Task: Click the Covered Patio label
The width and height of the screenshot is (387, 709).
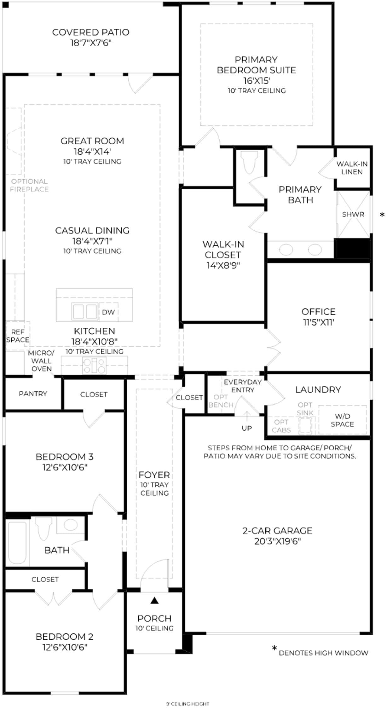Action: (x=91, y=32)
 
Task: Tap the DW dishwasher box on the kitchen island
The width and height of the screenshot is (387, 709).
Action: (x=108, y=312)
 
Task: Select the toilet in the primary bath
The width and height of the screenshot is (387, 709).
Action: (x=249, y=163)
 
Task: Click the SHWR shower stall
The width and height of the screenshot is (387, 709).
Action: (x=353, y=214)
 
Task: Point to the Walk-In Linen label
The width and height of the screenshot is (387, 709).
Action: (x=352, y=168)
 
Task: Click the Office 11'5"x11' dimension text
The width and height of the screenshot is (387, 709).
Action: (x=318, y=322)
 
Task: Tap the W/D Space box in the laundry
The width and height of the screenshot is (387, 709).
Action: (x=343, y=420)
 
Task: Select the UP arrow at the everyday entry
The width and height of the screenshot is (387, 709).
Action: (x=247, y=416)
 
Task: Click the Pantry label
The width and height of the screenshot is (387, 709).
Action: (x=33, y=394)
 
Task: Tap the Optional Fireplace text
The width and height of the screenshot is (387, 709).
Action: (x=29, y=185)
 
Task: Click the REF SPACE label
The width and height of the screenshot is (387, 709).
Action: (x=18, y=336)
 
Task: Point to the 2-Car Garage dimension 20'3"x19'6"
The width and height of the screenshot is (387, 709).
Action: (x=277, y=541)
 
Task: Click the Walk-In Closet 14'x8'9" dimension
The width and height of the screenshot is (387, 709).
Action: (x=223, y=265)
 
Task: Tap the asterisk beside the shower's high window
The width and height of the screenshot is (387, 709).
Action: (x=382, y=215)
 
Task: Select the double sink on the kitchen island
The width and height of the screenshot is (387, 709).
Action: (x=84, y=311)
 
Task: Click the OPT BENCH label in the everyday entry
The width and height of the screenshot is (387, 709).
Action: (x=221, y=401)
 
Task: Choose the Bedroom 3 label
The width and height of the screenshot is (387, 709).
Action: (x=65, y=457)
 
